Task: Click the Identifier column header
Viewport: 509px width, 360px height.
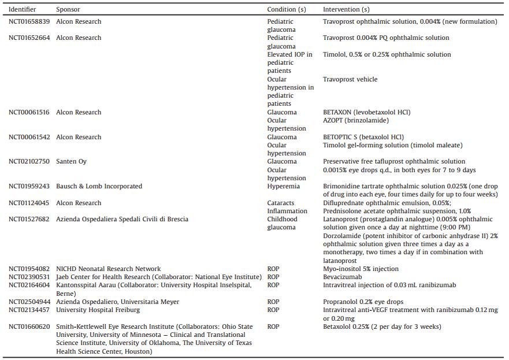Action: coord(22,10)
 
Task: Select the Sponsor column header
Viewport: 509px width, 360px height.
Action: coord(68,10)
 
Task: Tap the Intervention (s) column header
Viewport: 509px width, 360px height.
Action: coord(346,10)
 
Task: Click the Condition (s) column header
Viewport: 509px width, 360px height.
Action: coord(287,10)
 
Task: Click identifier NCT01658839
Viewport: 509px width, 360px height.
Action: coord(29,22)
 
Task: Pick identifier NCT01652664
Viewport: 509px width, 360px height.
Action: coord(29,38)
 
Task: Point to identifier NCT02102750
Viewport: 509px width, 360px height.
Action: coord(29,162)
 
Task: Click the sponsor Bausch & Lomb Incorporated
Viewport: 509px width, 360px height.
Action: coord(99,187)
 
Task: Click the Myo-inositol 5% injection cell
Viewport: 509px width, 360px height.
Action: coord(361,269)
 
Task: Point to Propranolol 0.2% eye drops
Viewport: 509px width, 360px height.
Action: coord(363,302)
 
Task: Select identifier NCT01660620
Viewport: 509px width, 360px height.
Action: coord(29,327)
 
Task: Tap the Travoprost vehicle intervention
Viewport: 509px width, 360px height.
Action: coord(350,80)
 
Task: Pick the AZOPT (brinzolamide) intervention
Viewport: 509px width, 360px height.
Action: coord(356,121)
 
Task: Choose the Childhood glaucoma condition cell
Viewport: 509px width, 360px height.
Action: coord(282,224)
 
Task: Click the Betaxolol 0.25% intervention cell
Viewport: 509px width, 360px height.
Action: coord(382,327)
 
